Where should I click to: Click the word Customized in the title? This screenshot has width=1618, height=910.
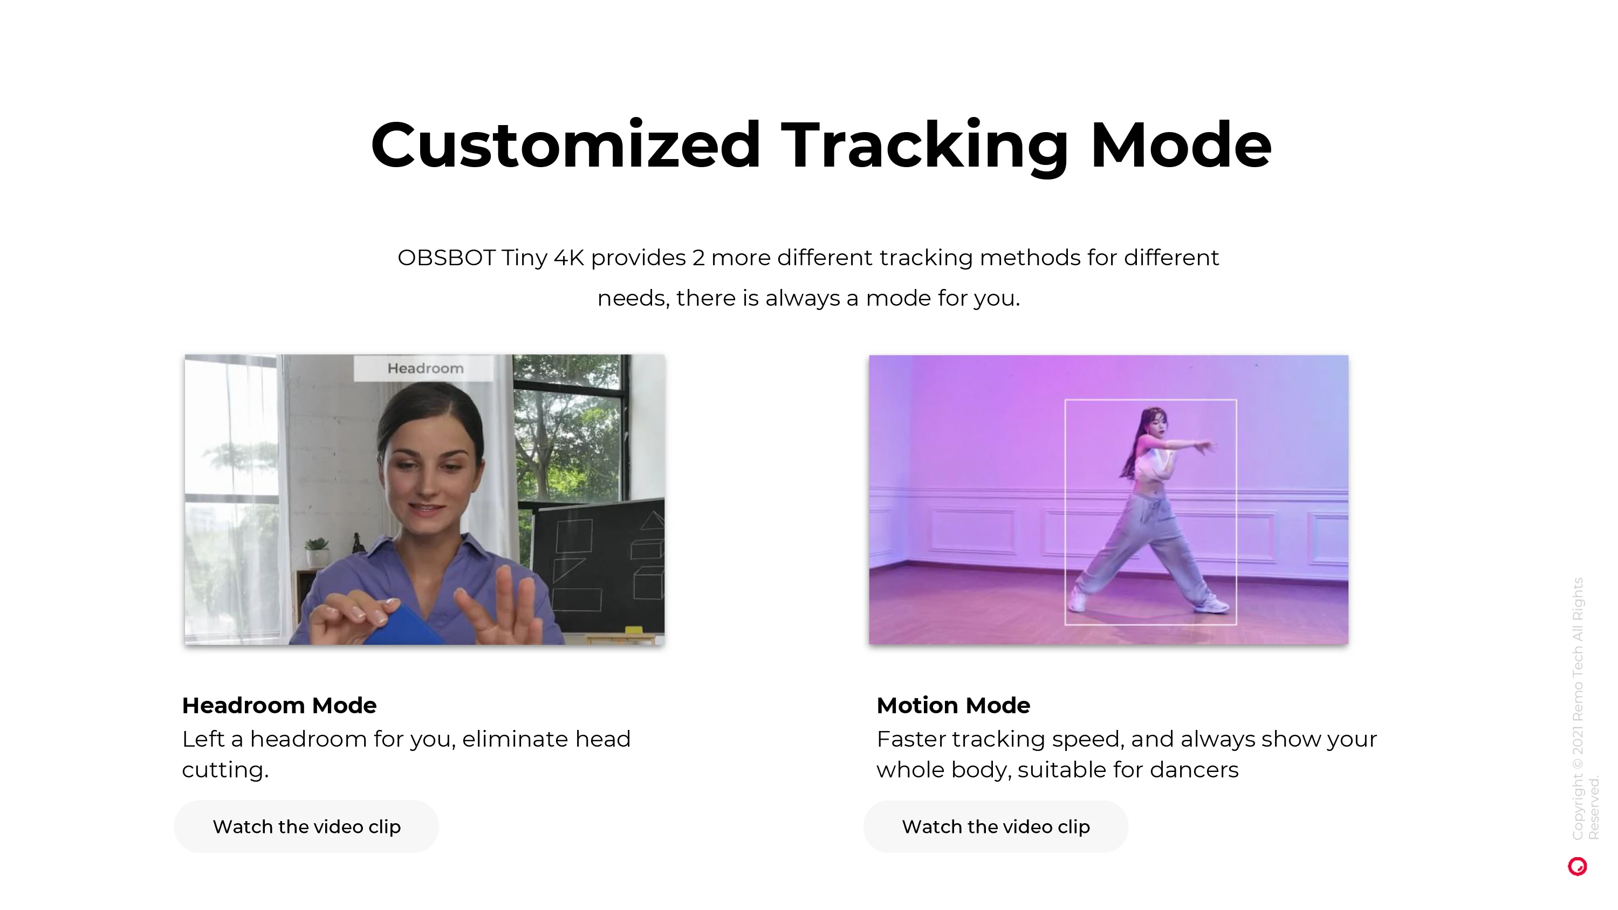(566, 145)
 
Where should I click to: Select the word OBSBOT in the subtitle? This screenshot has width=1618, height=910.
(447, 258)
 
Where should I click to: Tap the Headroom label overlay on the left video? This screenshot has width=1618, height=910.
(424, 368)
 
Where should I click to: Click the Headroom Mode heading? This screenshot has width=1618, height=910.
(279, 705)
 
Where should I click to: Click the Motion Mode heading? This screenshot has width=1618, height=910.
(953, 705)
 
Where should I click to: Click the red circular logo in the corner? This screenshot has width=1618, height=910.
(1577, 867)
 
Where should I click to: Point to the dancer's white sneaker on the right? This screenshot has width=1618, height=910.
(1212, 604)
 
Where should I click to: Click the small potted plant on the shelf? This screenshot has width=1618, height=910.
(317, 551)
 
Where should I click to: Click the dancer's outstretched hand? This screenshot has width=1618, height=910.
(1204, 446)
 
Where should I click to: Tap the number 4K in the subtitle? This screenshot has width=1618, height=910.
(568, 258)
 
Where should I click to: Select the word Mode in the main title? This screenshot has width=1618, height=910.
(1181, 145)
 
